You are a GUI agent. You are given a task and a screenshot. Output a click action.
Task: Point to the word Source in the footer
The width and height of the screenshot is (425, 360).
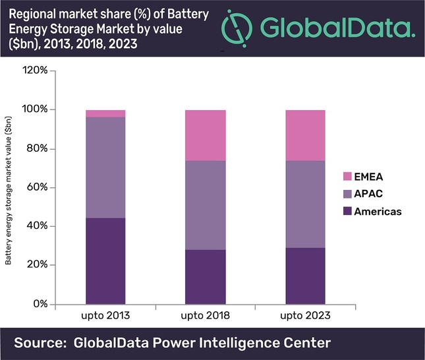click(x=43, y=343)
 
